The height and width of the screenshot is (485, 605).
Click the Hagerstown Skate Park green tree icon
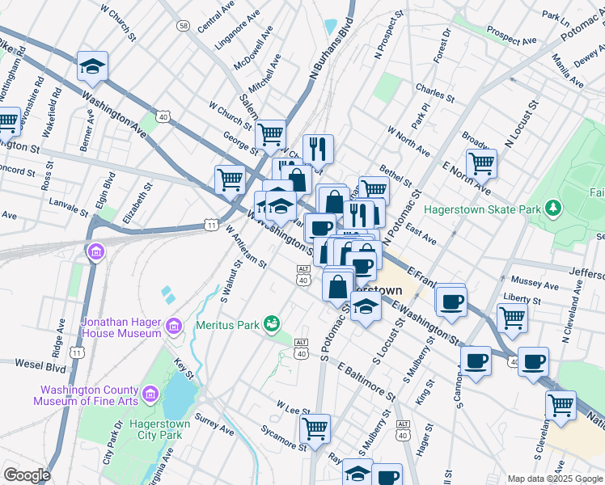pos(553,209)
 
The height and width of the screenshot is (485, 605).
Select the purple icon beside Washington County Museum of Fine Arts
pos(150,394)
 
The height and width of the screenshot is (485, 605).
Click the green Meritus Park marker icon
pos(273,325)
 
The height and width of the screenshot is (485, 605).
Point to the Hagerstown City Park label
pos(159,429)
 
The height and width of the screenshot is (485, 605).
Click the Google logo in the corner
pos(26,475)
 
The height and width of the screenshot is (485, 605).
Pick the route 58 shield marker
pos(184,26)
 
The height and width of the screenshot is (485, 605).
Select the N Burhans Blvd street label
pos(332,53)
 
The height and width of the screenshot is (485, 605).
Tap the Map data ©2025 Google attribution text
pos(553,479)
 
